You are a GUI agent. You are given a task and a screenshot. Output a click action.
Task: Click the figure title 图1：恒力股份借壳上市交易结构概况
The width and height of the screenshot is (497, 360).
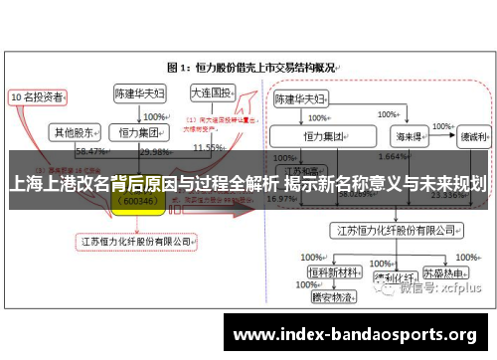(x=254, y=68)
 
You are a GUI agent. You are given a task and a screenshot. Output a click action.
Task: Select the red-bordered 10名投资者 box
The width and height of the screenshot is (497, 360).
(x=38, y=97)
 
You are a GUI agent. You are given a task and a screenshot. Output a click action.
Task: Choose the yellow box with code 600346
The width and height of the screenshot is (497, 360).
(x=137, y=200)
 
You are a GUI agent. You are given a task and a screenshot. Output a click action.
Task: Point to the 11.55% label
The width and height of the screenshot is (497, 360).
(x=208, y=148)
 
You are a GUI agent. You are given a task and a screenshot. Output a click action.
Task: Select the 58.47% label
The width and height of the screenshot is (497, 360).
(x=90, y=151)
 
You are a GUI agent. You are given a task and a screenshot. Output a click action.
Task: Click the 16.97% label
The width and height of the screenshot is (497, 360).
(x=281, y=198)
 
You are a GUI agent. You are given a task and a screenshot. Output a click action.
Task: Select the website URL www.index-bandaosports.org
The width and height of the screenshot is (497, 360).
(x=354, y=333)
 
